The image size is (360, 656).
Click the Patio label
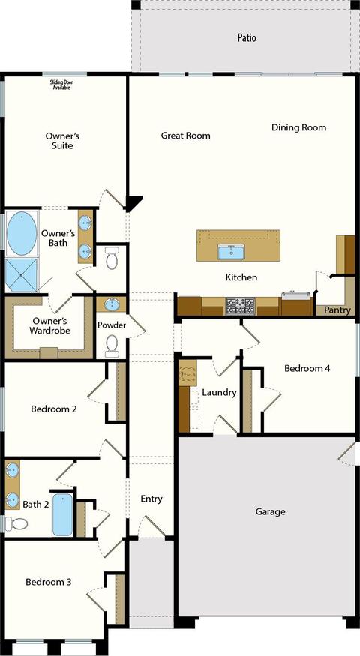[247, 38]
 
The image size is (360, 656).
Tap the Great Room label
[186, 136]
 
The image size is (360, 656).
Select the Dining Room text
[299, 127]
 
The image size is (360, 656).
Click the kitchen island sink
[229, 252]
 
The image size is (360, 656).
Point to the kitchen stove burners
[240, 306]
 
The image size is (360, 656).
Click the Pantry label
[337, 310]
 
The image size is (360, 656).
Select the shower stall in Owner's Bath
[21, 275]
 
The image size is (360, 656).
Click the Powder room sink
[111, 304]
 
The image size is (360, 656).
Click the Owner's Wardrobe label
[49, 326]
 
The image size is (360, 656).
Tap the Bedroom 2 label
[53, 409]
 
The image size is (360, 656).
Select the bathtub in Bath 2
[63, 514]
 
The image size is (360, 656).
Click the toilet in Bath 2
[16, 523]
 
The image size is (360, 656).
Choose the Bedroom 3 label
[49, 582]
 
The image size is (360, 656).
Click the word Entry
[151, 499]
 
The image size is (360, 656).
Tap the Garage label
[271, 511]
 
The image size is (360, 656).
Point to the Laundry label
[219, 392]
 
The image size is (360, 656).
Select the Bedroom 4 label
[307, 368]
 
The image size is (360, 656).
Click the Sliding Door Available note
[61, 85]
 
